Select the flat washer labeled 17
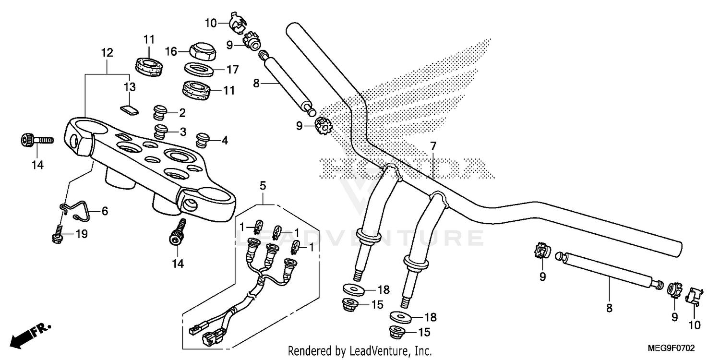click(199, 69)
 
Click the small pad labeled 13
click(129, 110)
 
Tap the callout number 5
click(263, 184)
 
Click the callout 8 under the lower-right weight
click(609, 309)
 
